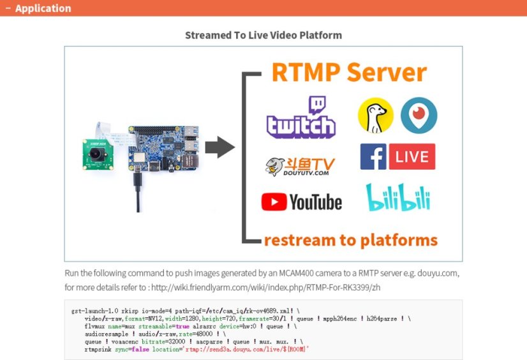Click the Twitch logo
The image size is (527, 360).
(301, 117)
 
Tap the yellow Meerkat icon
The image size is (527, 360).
(376, 116)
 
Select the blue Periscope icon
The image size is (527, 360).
(419, 116)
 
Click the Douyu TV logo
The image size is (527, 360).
(299, 165)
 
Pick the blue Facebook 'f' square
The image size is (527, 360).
(373, 156)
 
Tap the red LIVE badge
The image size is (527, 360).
(412, 156)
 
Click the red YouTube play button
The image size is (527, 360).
(274, 202)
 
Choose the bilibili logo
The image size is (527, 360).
(397, 199)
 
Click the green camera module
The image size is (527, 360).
(96, 153)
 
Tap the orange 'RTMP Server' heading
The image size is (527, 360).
(348, 72)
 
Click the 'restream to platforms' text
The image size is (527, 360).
(350, 240)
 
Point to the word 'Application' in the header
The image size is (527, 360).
(43, 8)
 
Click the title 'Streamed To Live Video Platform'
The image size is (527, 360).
(263, 35)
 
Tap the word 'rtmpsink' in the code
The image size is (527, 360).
(98, 349)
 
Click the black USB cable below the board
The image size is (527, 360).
(137, 191)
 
